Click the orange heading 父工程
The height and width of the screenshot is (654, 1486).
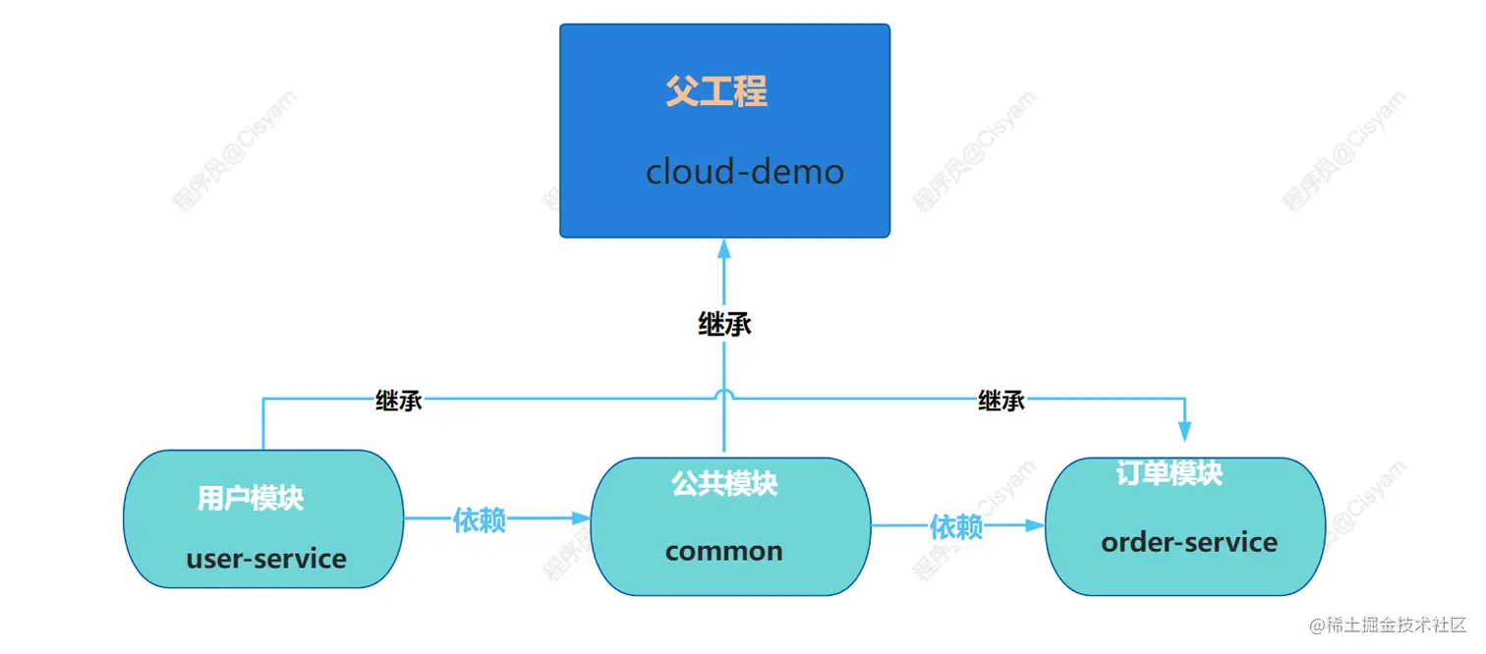715,92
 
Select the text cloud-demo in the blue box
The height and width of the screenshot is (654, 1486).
744,172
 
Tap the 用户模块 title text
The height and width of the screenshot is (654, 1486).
251,498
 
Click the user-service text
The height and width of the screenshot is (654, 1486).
266,559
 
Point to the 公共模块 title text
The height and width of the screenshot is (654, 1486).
724,483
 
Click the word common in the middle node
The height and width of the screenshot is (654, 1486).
723,551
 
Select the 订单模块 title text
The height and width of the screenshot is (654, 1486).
1169,473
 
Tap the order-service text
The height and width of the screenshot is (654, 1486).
1189,542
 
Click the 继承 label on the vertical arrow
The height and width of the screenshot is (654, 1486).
724,324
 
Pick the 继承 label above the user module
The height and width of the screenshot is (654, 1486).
399,400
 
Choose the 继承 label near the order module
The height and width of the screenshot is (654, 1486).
1001,400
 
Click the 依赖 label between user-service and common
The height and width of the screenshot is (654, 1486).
480,520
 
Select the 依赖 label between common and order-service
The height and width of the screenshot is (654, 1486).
956,526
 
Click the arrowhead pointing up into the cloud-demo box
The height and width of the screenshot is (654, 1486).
724,247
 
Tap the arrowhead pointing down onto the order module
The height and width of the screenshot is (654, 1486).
1184,432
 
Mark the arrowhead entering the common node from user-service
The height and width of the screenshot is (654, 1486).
581,518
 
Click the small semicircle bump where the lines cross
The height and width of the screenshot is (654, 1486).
724,393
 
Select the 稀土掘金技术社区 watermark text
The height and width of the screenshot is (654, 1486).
1396,625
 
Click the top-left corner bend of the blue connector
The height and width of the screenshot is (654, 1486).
263,399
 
